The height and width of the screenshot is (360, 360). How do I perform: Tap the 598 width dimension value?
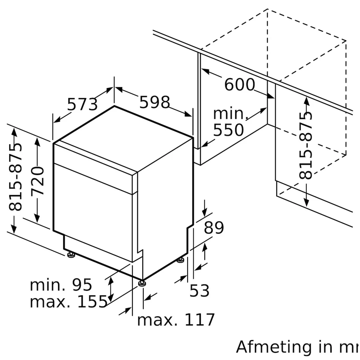(154, 102)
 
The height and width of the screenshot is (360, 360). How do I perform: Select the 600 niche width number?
(239, 85)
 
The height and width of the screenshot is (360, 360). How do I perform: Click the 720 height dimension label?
(38, 181)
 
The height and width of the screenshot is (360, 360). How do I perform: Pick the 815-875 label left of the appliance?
(16, 177)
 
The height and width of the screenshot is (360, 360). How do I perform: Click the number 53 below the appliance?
(199, 291)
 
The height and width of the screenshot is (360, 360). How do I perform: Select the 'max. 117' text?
(176, 320)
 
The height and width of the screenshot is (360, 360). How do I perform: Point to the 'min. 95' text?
(61, 285)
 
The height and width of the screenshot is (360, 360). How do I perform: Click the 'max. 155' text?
(68, 302)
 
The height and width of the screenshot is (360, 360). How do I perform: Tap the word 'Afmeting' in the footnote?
(274, 347)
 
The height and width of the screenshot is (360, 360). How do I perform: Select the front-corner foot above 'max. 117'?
(142, 283)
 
